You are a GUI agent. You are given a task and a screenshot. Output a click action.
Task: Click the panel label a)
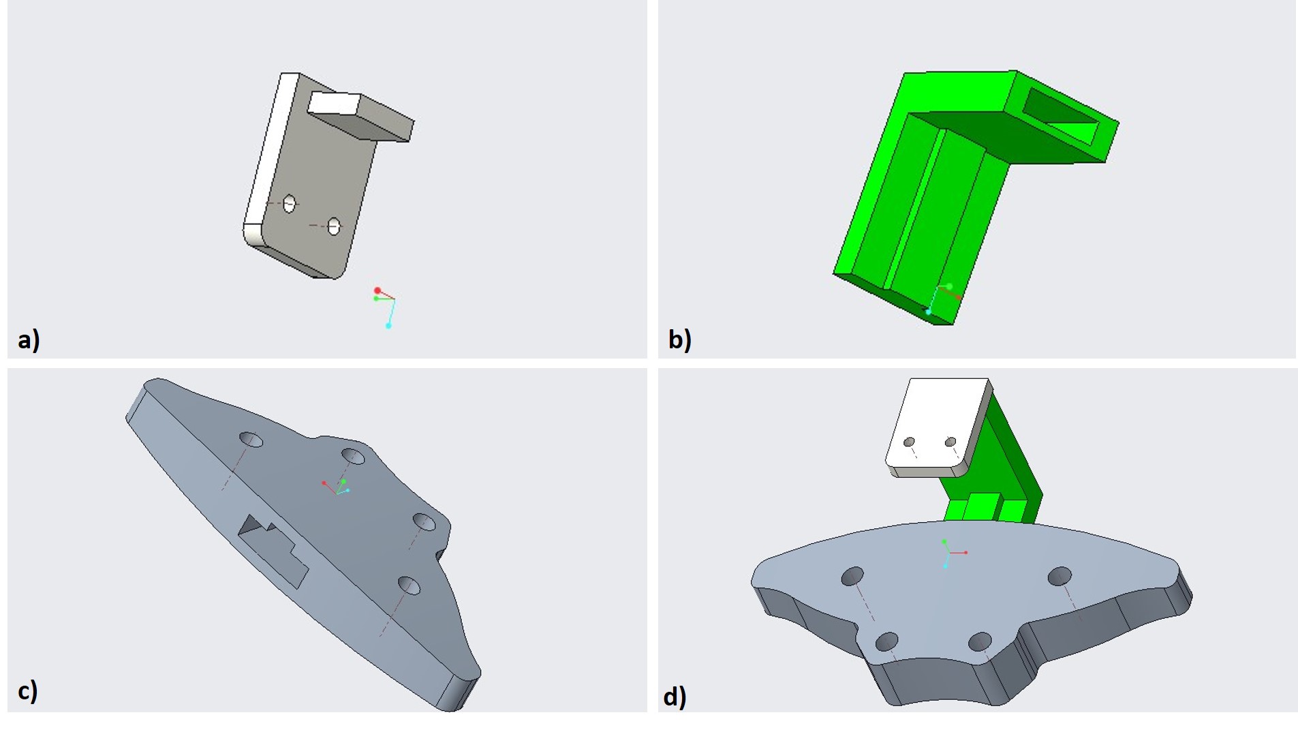pos(29,339)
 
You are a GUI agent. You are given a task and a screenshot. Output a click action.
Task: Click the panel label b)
pos(679,339)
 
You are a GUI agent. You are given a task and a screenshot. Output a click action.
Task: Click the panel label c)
pos(27,690)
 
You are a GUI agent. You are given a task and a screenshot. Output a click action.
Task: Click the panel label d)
pos(675,696)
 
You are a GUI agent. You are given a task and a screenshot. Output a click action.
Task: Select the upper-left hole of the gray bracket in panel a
pos(290,203)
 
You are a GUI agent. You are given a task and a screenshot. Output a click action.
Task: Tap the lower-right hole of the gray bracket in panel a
pos(334,226)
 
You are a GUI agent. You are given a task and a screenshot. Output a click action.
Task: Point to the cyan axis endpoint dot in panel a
pos(388,326)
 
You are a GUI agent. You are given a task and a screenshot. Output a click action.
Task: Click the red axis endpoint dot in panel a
pos(377,291)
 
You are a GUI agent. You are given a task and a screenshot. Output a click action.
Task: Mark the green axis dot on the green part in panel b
pos(949,287)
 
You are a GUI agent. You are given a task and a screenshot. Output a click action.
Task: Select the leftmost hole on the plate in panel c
pos(251,439)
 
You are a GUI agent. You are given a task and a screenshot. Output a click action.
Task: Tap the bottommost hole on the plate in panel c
pos(409,585)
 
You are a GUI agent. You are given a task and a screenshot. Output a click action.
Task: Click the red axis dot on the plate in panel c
pos(324,483)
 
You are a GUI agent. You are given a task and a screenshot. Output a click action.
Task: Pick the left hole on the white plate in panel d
pos(909,442)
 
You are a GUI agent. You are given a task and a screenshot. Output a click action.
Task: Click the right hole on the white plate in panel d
pos(951,442)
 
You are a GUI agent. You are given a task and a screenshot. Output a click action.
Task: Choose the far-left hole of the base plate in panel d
pos(852,576)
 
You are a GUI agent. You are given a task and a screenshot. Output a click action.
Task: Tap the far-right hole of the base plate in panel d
pos(1060,576)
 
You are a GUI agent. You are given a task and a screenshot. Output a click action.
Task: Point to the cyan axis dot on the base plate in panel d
pos(946,566)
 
